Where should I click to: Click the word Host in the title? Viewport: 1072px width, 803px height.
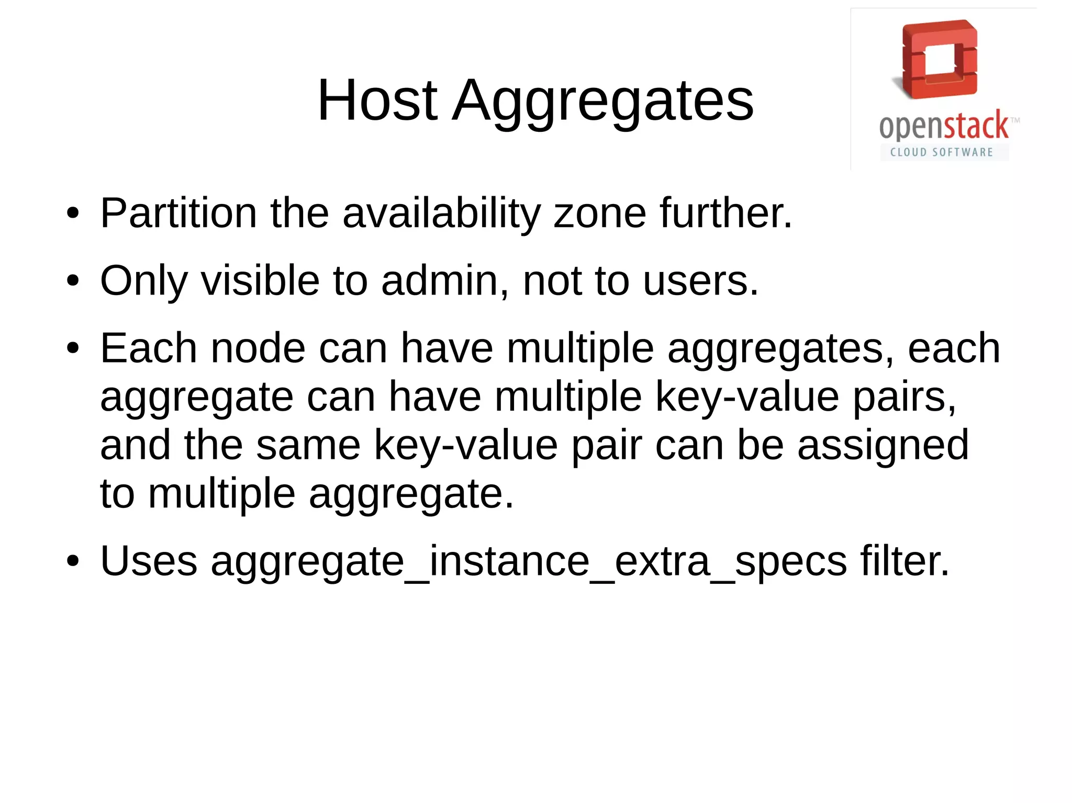[x=377, y=100]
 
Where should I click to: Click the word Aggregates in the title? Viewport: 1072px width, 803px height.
[x=603, y=102]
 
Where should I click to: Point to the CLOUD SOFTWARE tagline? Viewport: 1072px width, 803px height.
[x=942, y=152]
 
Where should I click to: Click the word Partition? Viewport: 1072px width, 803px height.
[x=178, y=213]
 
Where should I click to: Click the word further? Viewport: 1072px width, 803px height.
[x=725, y=213]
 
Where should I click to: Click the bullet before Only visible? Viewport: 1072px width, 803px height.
[x=73, y=281]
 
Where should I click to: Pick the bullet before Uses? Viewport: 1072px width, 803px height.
[x=73, y=561]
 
